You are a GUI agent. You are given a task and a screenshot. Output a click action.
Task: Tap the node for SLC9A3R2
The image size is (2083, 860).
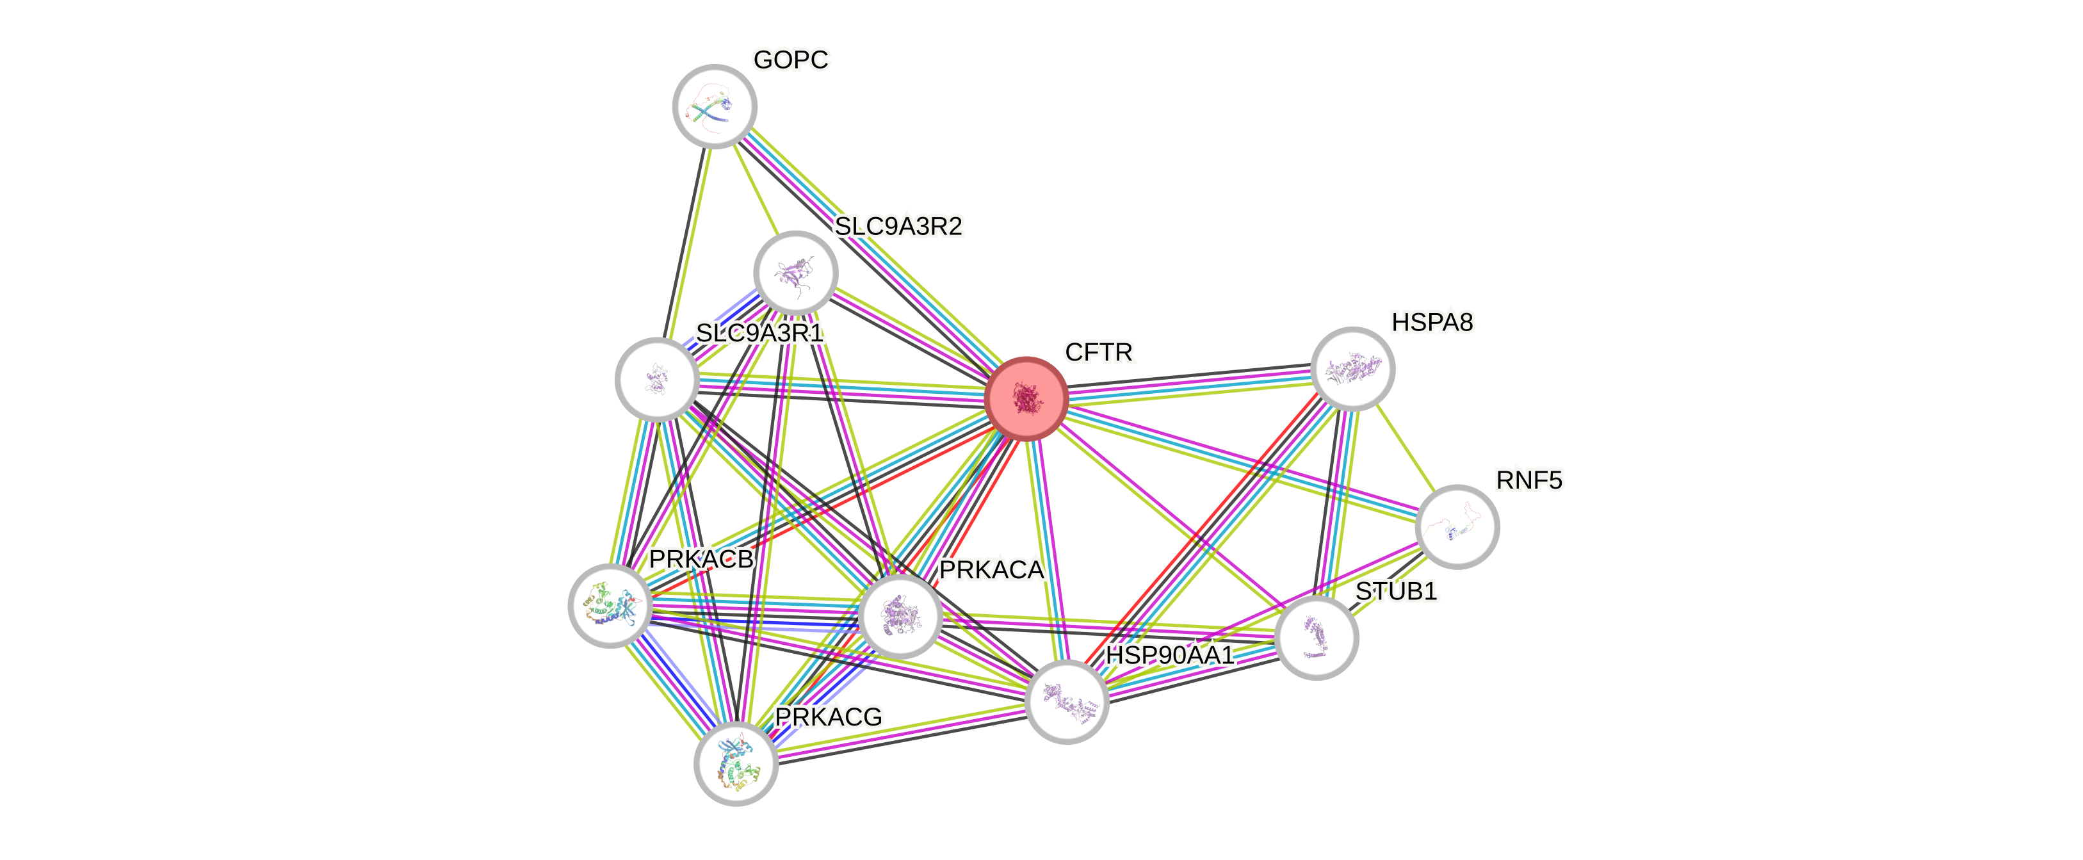click(x=796, y=272)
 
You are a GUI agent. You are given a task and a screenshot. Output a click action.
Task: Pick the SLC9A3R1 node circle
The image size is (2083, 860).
click(x=656, y=379)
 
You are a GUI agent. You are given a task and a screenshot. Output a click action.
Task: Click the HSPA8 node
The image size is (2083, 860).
click(x=1352, y=369)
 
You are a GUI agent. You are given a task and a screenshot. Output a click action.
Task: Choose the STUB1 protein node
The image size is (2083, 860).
click(x=1317, y=638)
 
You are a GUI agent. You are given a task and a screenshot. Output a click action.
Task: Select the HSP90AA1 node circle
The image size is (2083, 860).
click(x=1067, y=701)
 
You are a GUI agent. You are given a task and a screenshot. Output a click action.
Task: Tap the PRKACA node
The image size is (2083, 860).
click(x=901, y=615)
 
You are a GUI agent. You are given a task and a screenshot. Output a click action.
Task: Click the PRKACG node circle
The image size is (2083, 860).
click(x=736, y=763)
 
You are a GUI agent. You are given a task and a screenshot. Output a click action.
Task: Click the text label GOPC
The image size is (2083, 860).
click(x=791, y=60)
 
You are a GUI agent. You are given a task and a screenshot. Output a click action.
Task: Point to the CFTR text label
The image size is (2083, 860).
click(x=1099, y=352)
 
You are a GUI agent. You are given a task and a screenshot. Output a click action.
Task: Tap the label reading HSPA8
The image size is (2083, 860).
click(x=1432, y=323)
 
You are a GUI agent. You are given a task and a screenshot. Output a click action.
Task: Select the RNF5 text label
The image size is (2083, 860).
click(x=1529, y=480)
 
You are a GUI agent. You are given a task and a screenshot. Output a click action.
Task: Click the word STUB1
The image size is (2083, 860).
click(x=1396, y=592)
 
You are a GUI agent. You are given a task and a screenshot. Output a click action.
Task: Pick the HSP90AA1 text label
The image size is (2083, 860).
click(x=1169, y=654)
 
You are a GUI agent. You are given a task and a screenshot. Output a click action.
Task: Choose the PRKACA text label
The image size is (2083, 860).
click(x=991, y=570)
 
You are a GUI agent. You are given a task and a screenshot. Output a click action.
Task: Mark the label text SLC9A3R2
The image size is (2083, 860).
click(x=898, y=226)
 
